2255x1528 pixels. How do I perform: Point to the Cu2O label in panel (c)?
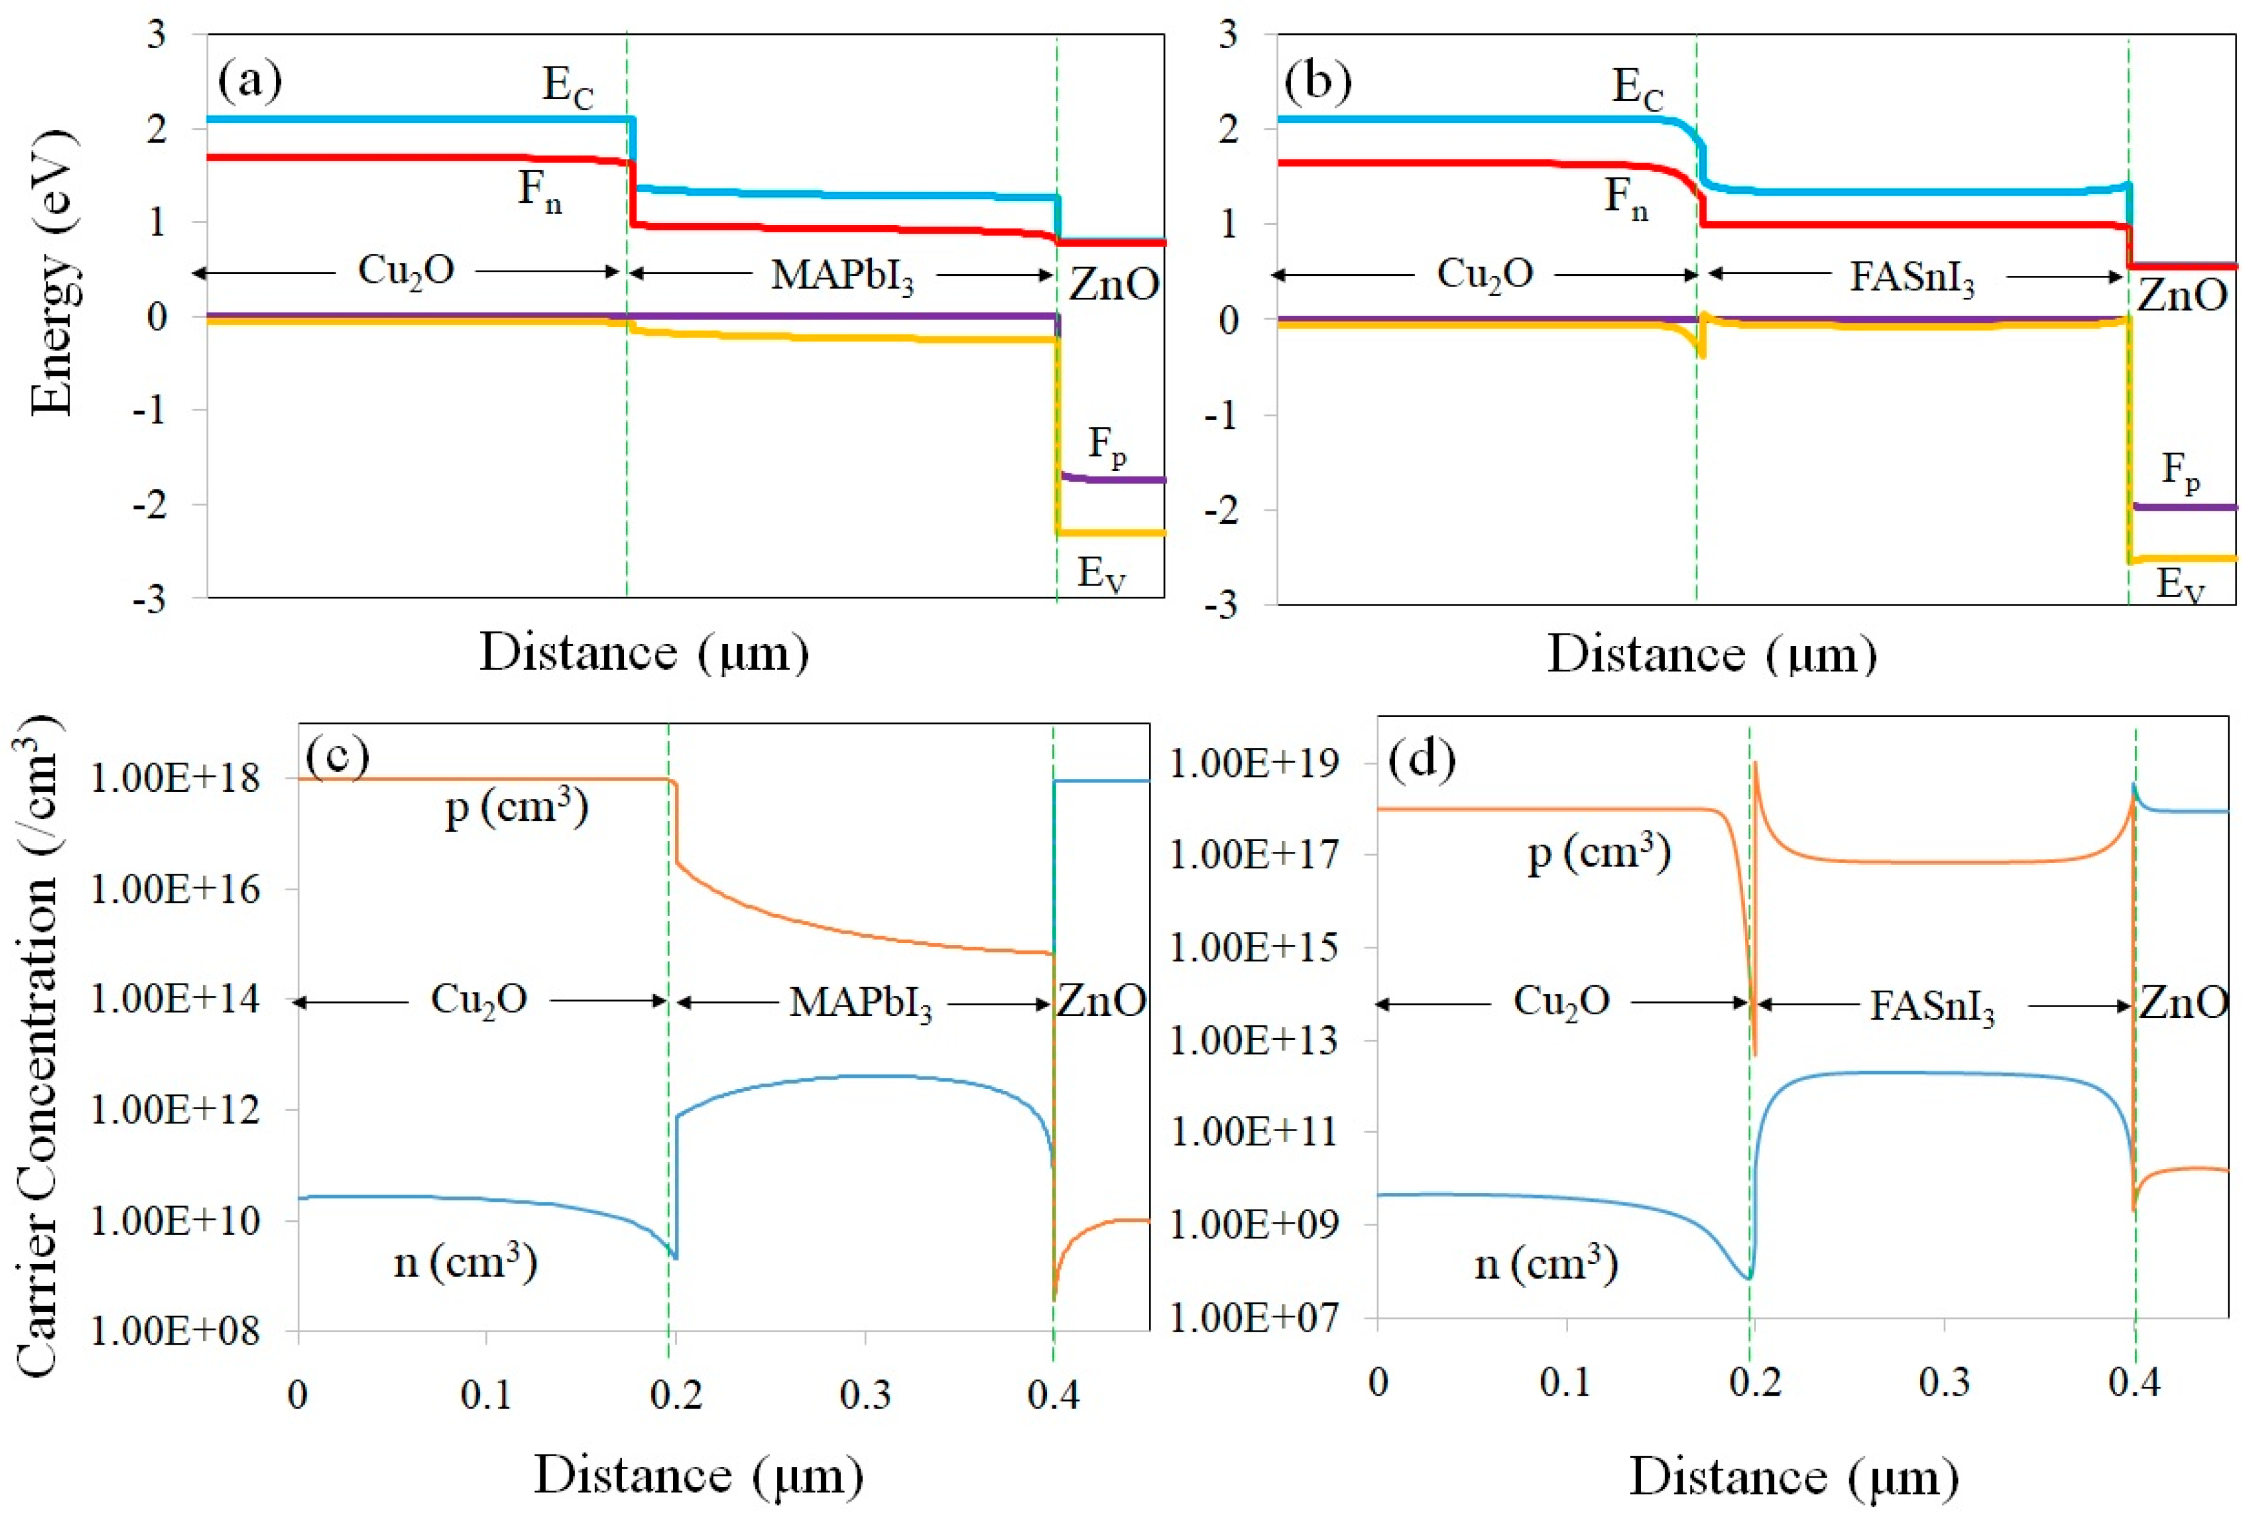click(479, 1000)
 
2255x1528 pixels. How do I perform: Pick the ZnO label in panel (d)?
click(2183, 1003)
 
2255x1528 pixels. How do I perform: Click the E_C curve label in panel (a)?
click(568, 89)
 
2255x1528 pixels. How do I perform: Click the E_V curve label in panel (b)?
click(2179, 584)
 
